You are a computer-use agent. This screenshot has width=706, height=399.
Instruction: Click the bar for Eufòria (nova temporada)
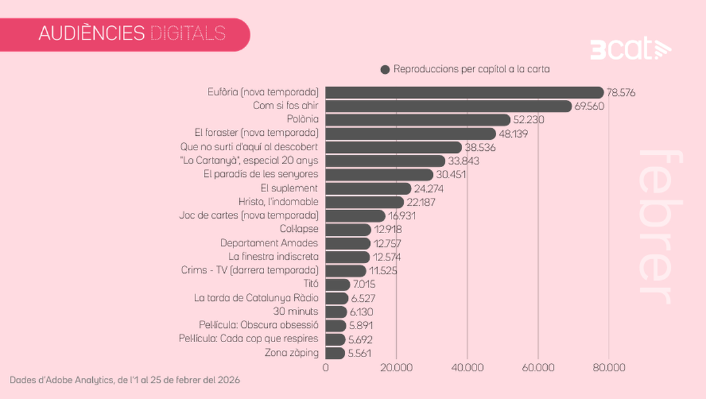pos(464,92)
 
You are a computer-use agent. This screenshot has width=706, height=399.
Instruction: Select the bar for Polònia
pos(418,120)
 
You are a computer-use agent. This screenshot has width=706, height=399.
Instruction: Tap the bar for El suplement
pos(368,188)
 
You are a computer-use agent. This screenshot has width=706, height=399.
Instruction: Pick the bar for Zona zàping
pos(335,353)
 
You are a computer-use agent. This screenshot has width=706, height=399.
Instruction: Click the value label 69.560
pos(590,106)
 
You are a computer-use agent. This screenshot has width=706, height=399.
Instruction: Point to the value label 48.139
pos(513,133)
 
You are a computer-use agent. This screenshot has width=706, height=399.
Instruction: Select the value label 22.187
pos(421,202)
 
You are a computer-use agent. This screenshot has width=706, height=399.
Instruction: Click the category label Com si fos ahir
pos(286,105)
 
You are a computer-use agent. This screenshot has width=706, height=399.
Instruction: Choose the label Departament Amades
pos(269,243)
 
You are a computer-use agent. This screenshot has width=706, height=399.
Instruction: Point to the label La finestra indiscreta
pos(273,257)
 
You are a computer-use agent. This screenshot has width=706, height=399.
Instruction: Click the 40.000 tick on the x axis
pos(467,368)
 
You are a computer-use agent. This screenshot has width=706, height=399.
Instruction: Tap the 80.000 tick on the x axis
pos(609,368)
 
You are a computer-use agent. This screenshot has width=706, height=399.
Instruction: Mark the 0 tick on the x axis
pos(326,368)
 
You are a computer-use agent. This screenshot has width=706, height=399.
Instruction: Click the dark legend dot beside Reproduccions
pos(385,69)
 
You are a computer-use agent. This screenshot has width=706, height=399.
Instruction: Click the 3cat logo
pos(630,50)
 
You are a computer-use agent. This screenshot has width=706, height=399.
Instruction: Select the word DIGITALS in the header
pos(188,33)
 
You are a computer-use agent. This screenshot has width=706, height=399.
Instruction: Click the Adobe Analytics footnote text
pos(125,379)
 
